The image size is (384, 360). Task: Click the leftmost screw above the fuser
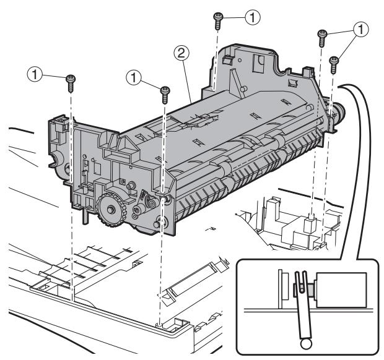(69, 79)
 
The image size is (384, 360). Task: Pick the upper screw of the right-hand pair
(322, 37)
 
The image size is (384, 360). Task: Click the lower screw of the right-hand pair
(334, 61)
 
